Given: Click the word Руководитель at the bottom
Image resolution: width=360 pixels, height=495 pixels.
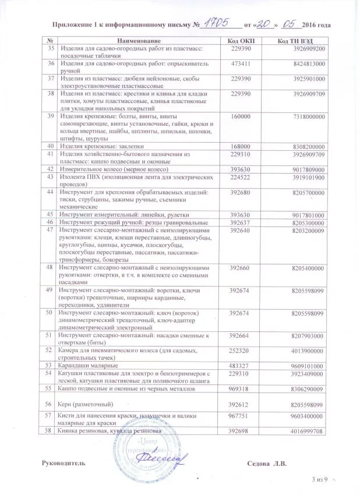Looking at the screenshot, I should [x=68, y=462].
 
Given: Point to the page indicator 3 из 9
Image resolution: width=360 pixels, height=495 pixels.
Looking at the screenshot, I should [x=320, y=479].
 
